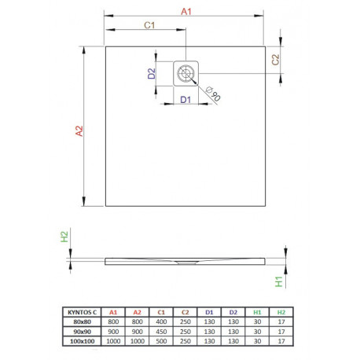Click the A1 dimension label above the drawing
coord(186,12)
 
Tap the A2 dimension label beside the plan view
coord(79,131)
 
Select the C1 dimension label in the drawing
coord(149,25)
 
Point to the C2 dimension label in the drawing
coord(275,60)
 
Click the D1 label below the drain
coord(186,100)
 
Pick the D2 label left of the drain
coord(152,73)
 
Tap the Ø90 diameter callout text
coord(213,94)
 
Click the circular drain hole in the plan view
coord(186,73)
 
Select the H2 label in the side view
coord(64,237)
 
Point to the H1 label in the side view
coord(279,281)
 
